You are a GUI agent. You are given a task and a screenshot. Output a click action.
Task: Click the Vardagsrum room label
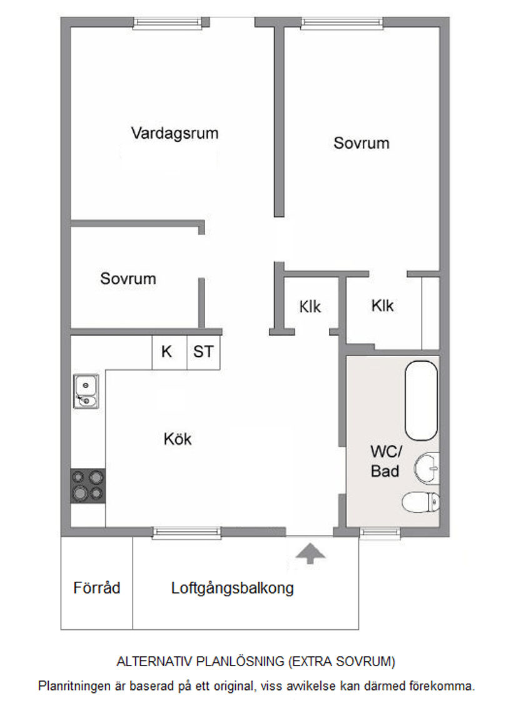[x=175, y=133]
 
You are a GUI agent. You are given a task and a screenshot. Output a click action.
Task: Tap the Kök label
[x=178, y=439]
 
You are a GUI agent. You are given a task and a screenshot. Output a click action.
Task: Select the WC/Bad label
[x=385, y=461]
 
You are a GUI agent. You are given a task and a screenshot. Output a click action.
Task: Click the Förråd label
[x=96, y=588]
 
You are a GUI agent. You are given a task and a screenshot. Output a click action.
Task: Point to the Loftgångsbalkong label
[x=232, y=588]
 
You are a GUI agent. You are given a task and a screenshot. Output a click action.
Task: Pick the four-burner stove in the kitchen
[x=88, y=486]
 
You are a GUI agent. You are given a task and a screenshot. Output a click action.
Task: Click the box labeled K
[x=167, y=352]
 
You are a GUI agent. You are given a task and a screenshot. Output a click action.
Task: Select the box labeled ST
[x=203, y=352]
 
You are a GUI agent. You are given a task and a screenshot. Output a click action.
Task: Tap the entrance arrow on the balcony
[x=310, y=553]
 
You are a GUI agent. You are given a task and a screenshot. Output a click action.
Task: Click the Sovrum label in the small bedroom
[x=128, y=279]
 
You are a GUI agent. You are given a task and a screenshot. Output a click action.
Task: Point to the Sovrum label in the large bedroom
[x=361, y=143]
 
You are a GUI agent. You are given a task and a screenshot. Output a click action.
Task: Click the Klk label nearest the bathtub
[x=382, y=306]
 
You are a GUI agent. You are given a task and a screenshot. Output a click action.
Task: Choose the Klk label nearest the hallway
[x=310, y=307]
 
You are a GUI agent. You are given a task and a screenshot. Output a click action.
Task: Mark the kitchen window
[x=187, y=532]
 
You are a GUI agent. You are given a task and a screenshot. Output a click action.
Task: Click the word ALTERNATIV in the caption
[x=155, y=661]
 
